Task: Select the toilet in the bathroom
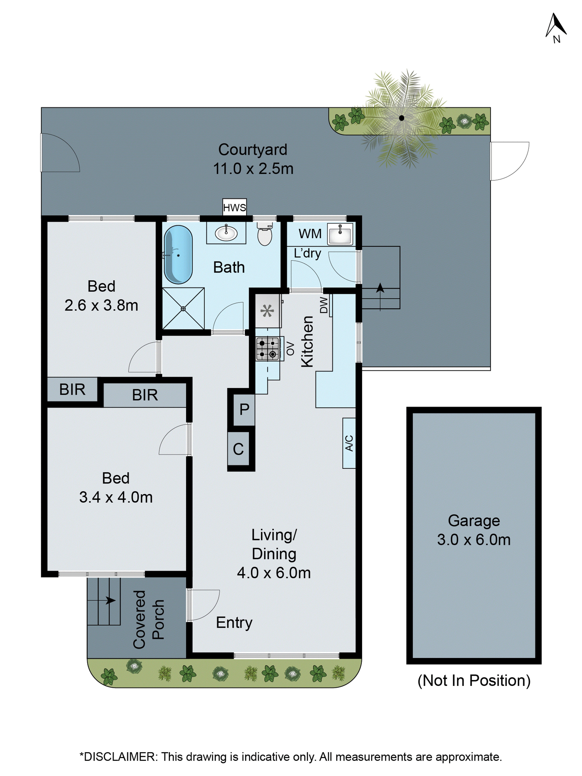tap(264, 235)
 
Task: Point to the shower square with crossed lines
tap(183, 308)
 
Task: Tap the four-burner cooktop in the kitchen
tap(267, 349)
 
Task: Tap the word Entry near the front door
tap(234, 623)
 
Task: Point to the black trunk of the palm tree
tap(401, 118)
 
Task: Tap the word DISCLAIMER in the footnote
tap(119, 757)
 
